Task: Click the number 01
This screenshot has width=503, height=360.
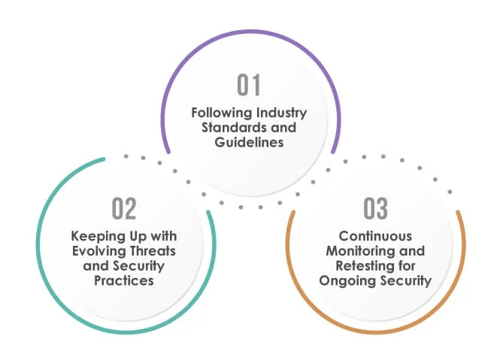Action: [250, 86]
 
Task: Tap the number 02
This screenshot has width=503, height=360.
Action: [125, 207]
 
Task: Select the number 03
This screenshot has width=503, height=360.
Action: [376, 207]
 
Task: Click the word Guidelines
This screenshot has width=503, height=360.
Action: [250, 141]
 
